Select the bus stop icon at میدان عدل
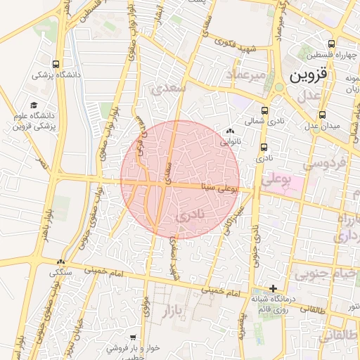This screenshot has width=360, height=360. (322, 115)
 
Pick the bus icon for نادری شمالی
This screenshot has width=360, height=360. (264, 110)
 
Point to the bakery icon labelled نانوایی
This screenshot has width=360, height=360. (229, 131)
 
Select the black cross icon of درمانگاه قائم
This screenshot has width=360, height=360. (274, 288)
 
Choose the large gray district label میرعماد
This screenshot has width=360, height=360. (246, 74)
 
